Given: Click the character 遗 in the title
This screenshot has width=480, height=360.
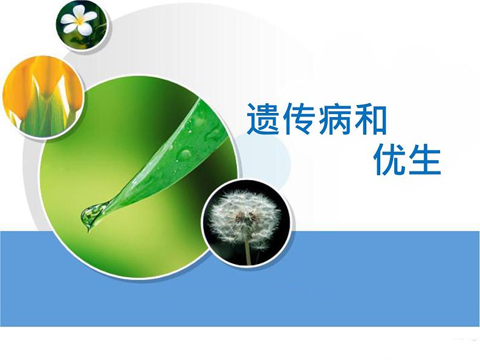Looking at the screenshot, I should (263, 118).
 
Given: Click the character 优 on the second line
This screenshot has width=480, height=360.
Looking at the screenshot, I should (388, 159).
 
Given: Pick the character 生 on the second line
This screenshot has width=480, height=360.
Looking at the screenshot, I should (424, 159).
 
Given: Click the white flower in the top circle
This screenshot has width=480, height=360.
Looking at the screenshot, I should (79, 21).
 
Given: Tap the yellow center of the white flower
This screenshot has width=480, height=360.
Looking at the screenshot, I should (79, 21).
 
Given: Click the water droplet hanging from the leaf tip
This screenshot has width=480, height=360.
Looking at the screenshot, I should (91, 216).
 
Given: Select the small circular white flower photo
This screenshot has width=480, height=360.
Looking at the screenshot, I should (82, 25).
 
